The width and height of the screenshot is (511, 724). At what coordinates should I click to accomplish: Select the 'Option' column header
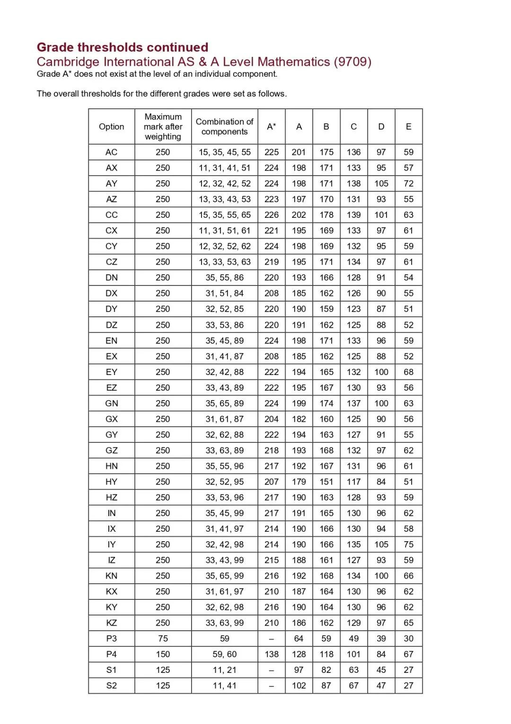pyautogui.click(x=112, y=126)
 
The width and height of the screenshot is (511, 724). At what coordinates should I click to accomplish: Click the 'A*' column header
pyautogui.click(x=272, y=126)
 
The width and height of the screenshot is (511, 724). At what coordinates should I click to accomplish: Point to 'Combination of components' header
pyautogui.click(x=225, y=126)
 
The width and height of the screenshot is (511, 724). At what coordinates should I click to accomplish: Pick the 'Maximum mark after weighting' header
pyautogui.click(x=163, y=126)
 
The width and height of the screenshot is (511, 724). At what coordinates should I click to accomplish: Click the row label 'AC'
pyautogui.click(x=112, y=152)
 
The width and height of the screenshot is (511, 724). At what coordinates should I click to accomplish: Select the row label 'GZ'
pyautogui.click(x=112, y=450)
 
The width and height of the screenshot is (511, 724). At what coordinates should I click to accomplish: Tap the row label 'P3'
pyautogui.click(x=112, y=638)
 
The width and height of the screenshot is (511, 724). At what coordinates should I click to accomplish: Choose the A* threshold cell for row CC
pyautogui.click(x=272, y=215)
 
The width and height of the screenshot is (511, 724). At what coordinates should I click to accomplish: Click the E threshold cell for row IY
pyautogui.click(x=409, y=545)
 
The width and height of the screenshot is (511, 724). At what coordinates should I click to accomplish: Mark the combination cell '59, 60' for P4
pyautogui.click(x=225, y=654)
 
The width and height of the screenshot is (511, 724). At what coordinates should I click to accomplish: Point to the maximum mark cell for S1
pyautogui.click(x=163, y=670)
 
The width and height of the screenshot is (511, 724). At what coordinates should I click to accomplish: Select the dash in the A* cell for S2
pyautogui.click(x=272, y=686)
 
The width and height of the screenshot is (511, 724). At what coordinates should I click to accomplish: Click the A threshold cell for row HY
pyautogui.click(x=299, y=482)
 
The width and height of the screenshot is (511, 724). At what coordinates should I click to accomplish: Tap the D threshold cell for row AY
pyautogui.click(x=381, y=184)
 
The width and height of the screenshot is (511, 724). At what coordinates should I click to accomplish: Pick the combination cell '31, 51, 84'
pyautogui.click(x=225, y=293)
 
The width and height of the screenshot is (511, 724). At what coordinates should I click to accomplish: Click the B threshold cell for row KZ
pyautogui.click(x=326, y=623)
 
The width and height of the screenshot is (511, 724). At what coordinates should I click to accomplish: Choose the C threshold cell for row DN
pyautogui.click(x=354, y=277)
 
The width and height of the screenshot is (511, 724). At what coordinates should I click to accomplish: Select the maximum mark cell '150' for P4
pyautogui.click(x=163, y=654)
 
